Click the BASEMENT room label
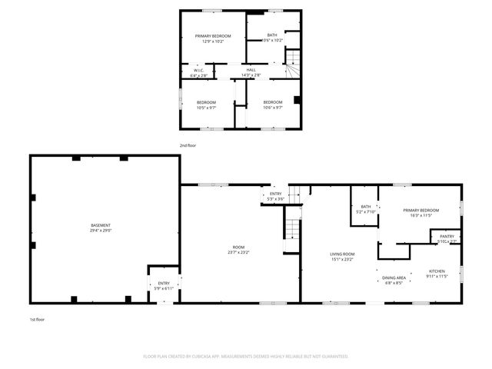click(101, 225)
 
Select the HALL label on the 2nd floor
click(251, 70)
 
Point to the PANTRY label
click(447, 236)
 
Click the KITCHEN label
click(437, 271)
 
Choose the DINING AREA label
click(394, 278)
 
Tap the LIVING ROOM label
click(342, 254)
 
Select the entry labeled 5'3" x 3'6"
click(275, 195)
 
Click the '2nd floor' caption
click(188, 145)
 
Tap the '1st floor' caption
click(38, 318)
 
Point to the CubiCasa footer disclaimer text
click(246, 357)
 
